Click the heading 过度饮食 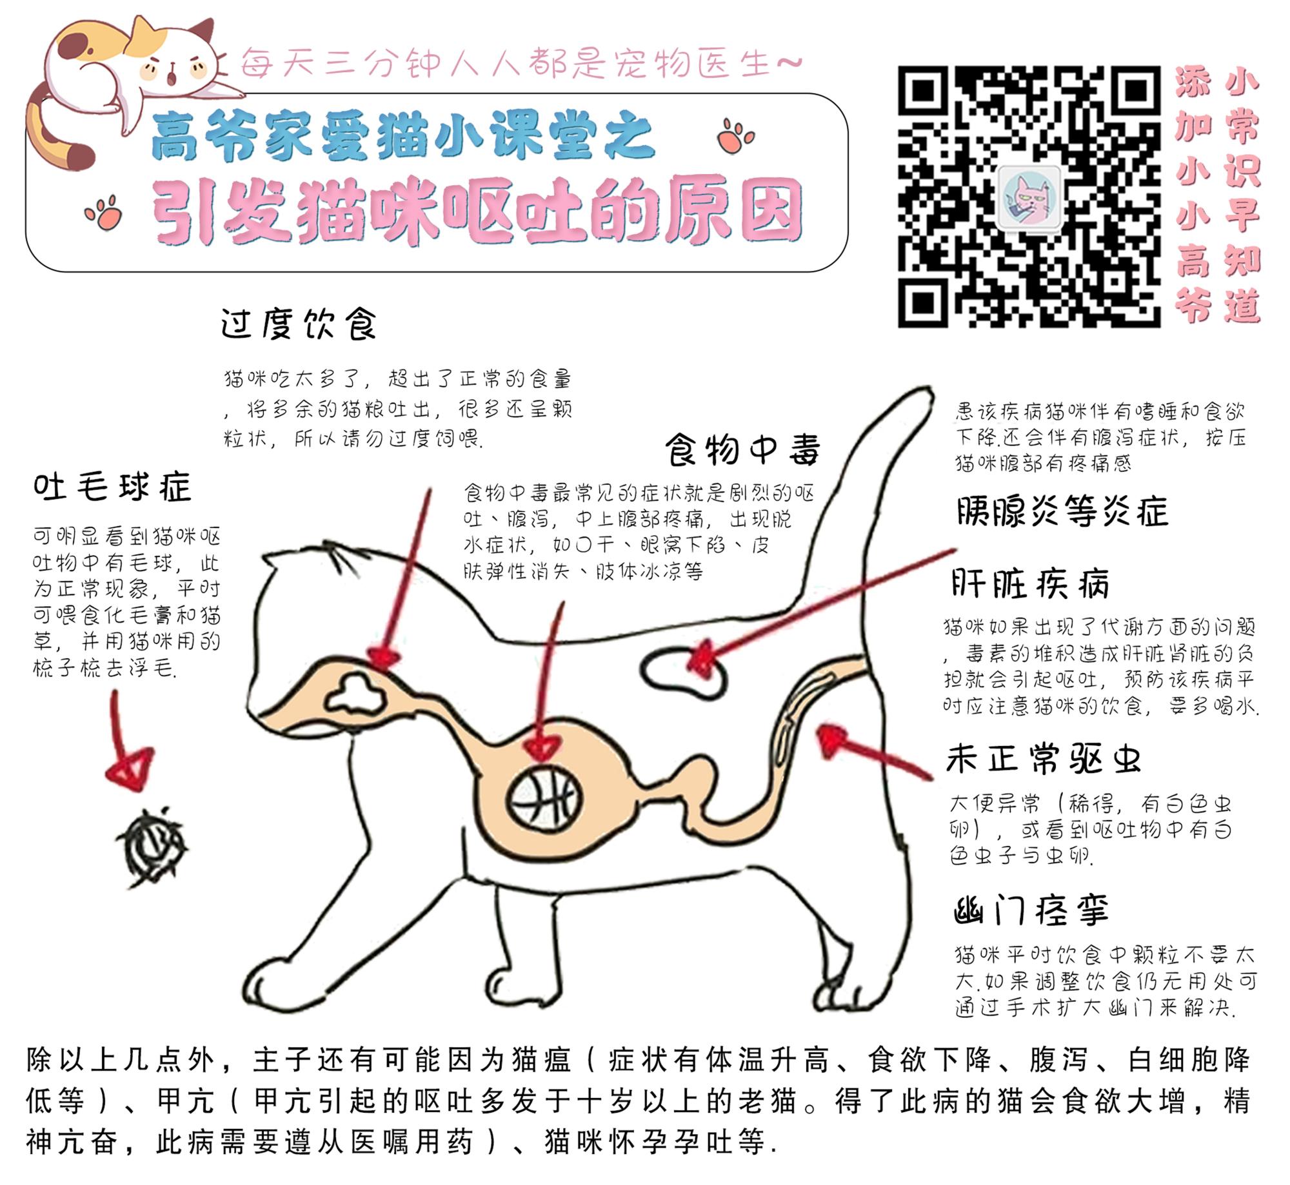298,324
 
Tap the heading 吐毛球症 112,487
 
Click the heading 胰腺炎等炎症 1062,512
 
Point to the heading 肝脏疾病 1029,584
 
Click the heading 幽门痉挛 1031,911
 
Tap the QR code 1029,197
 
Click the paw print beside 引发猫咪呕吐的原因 104,213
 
